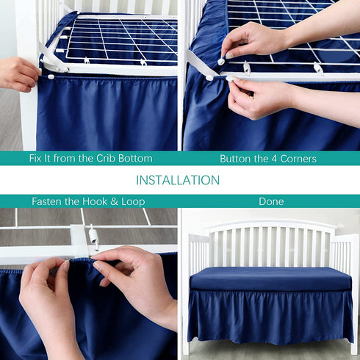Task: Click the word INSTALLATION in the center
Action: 178,180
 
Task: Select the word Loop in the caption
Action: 133,201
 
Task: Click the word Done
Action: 271,201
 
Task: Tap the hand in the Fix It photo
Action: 16,73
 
